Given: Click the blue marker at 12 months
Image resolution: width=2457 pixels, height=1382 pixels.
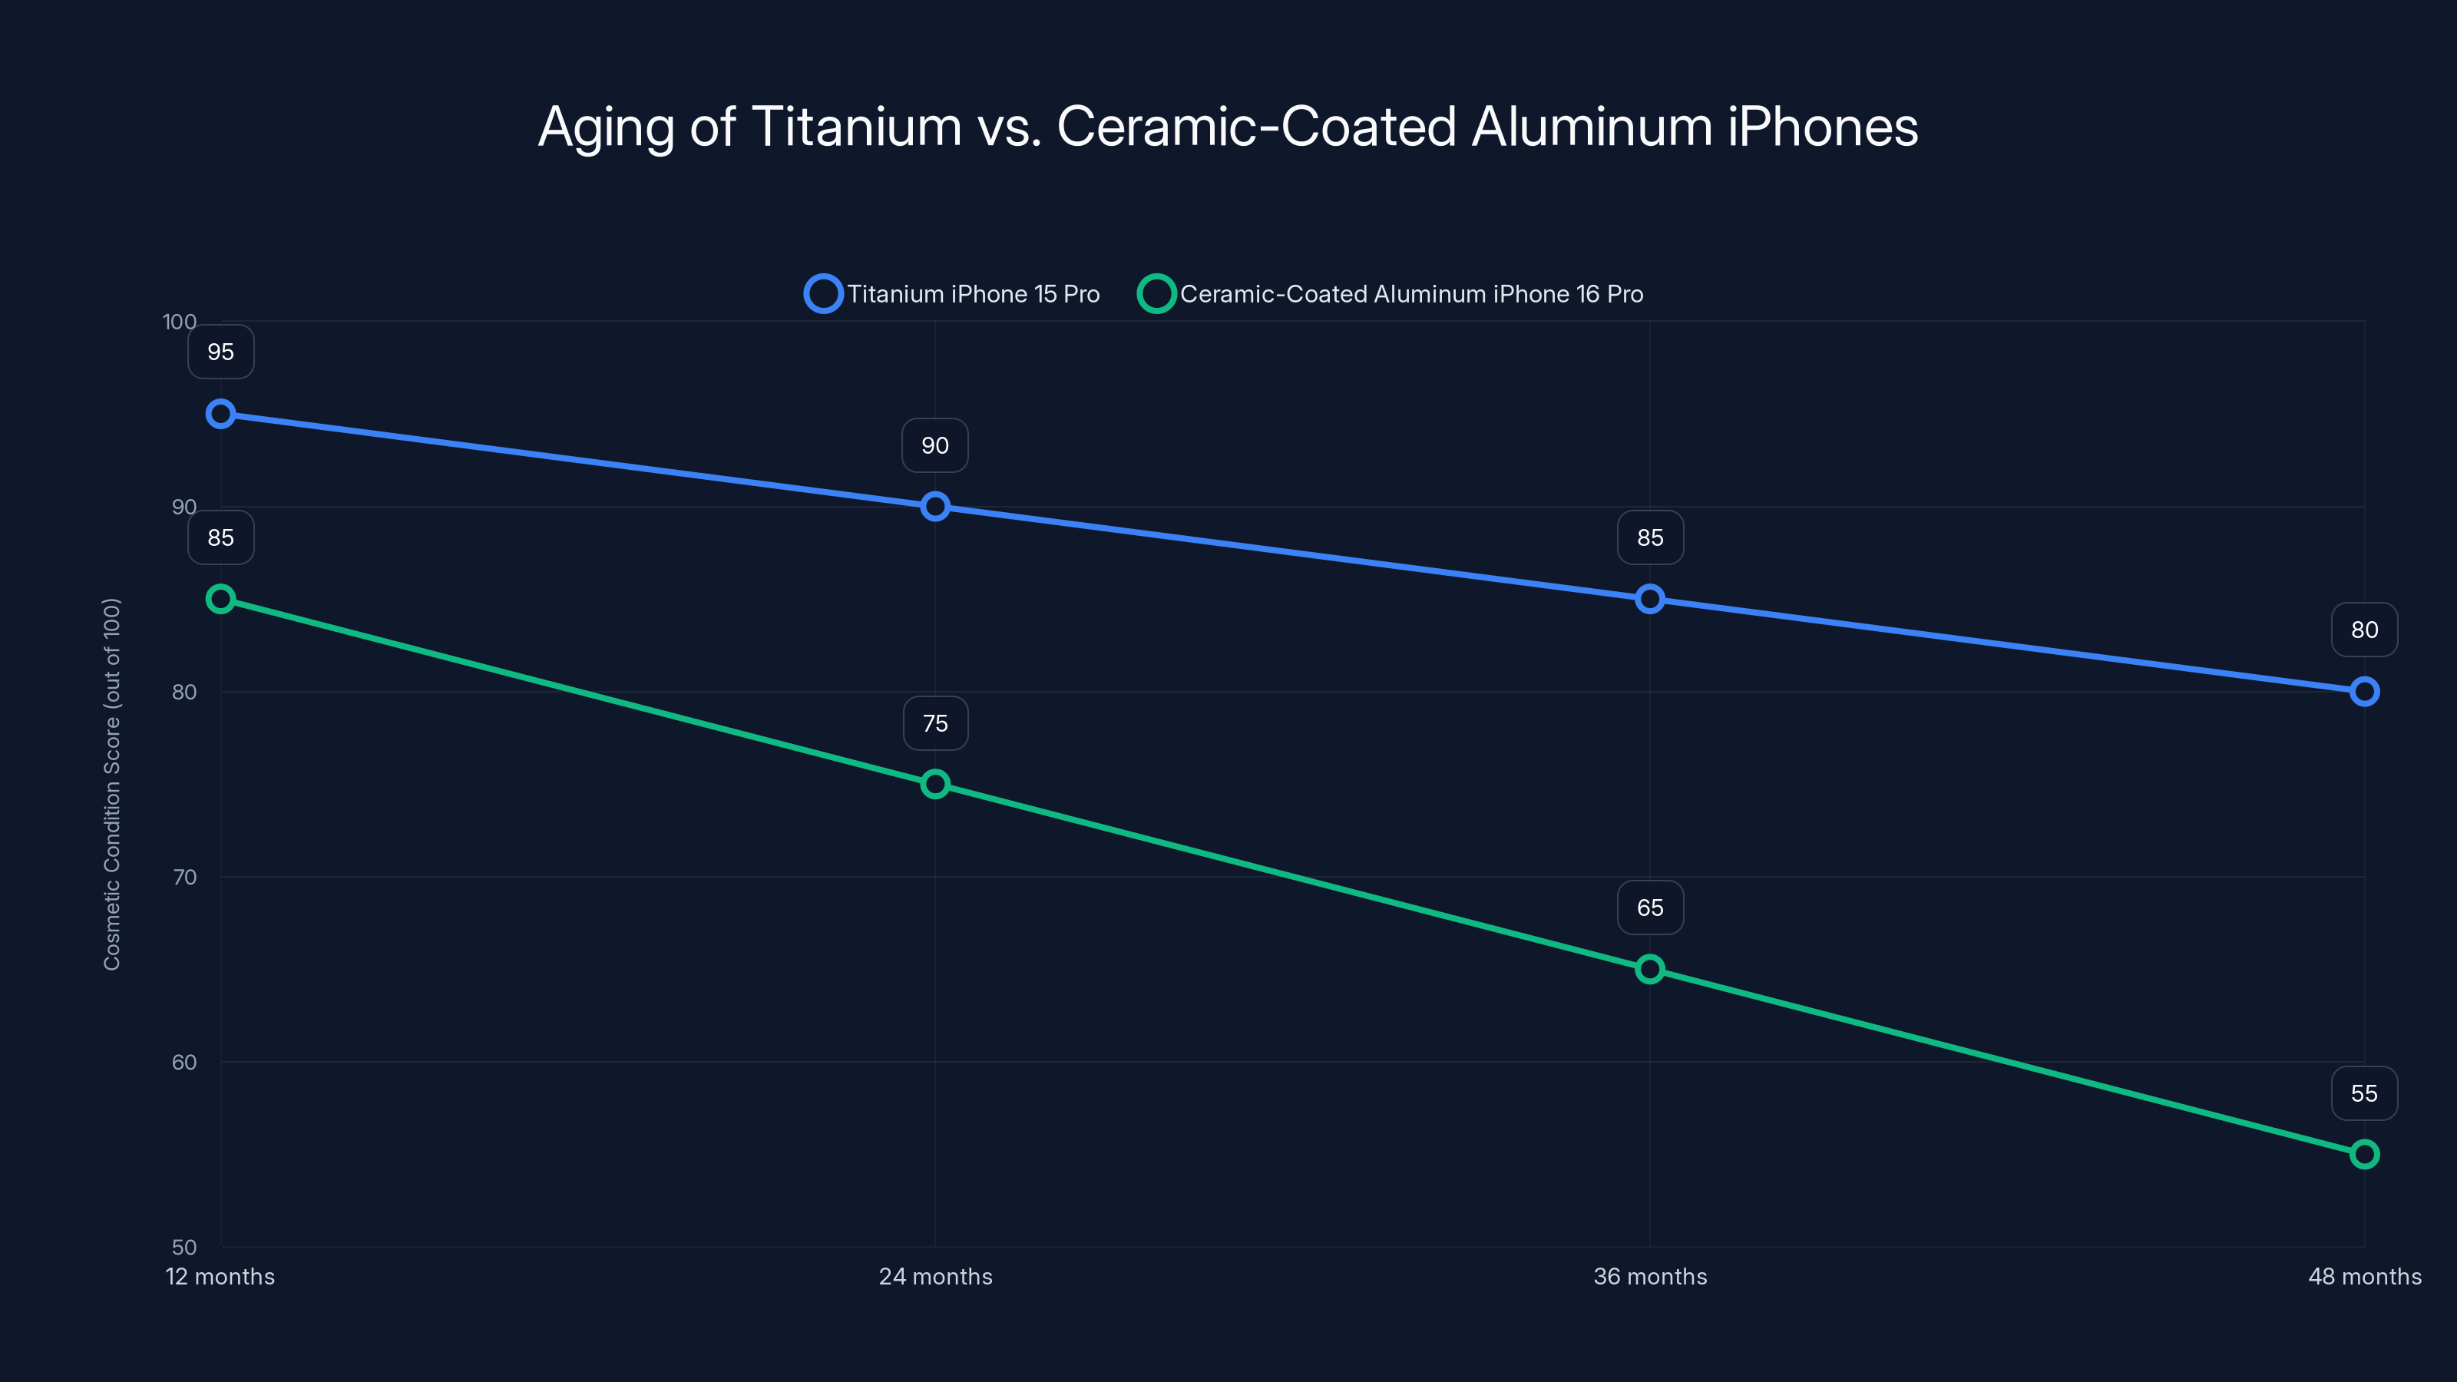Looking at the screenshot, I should (x=220, y=414).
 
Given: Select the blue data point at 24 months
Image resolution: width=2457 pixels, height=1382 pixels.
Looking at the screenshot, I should (x=934, y=507).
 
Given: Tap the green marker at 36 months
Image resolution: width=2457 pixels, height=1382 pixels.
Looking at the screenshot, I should (x=1650, y=969).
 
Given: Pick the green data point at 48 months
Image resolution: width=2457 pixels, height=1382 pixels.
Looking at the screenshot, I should (x=2363, y=1154).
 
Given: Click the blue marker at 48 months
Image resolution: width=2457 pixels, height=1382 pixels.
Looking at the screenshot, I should (x=2363, y=692).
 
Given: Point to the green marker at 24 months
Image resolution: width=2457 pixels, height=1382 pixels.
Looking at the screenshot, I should (x=934, y=784).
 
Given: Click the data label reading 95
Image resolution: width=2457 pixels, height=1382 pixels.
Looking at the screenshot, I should (x=220, y=352).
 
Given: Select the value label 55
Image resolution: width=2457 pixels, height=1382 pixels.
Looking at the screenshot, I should (x=2363, y=1093).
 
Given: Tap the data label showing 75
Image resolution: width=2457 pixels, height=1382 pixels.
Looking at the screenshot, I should (x=934, y=723).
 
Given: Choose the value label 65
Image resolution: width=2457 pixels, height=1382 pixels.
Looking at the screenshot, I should (x=1650, y=908).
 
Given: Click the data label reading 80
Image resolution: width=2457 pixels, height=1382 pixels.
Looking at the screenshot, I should (x=2363, y=630).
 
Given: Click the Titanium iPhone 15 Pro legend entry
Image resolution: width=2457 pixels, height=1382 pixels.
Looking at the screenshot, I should (x=954, y=294).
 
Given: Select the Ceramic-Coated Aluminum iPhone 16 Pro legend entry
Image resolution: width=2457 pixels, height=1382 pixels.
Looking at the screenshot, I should (x=1393, y=294).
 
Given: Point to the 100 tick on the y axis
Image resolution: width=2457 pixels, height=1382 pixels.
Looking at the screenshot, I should (x=180, y=322).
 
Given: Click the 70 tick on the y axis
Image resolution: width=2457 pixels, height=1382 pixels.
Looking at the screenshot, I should (x=184, y=877).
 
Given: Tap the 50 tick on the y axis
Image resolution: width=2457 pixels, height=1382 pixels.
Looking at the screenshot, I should (x=184, y=1247).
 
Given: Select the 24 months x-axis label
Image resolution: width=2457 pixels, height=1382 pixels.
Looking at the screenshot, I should (x=934, y=1276).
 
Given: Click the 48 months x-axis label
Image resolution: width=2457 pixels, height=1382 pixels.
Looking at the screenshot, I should (x=2363, y=1276).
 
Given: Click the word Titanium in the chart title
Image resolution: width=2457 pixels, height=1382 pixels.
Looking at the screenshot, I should (x=857, y=127).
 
